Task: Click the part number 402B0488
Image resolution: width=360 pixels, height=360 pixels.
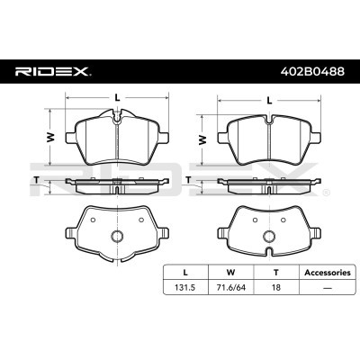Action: point(312,71)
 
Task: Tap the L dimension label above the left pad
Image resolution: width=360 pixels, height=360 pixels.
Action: point(118,97)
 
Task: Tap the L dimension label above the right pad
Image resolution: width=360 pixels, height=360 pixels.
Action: point(269,101)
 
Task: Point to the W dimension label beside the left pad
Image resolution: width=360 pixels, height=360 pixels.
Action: point(52,137)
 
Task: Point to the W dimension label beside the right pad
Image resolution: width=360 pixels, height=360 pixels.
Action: point(203,139)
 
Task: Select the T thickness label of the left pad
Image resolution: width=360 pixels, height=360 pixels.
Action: point(37,180)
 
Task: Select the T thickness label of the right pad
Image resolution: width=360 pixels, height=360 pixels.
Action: point(188,180)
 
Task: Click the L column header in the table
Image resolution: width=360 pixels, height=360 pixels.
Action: point(185,273)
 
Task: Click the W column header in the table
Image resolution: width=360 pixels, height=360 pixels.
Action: point(230,273)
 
